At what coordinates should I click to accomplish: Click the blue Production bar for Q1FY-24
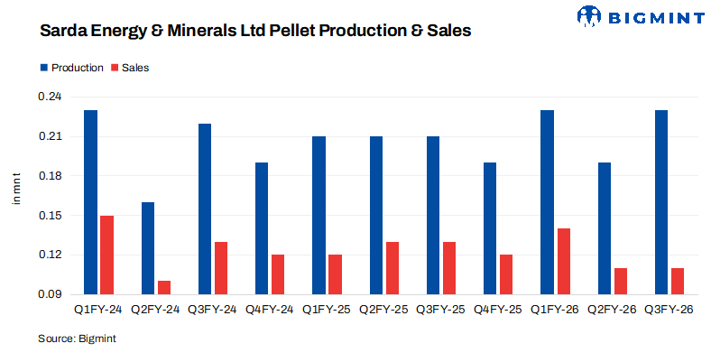click(x=90, y=202)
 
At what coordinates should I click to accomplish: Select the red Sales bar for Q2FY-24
click(x=164, y=287)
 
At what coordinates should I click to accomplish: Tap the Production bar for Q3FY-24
click(x=205, y=209)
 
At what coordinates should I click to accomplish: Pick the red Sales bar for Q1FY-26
click(x=563, y=261)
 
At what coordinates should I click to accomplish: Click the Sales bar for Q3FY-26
click(x=678, y=281)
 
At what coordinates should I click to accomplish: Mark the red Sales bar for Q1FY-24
click(x=106, y=255)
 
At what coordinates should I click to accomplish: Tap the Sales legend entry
click(x=129, y=68)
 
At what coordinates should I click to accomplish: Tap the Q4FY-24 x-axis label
click(x=270, y=310)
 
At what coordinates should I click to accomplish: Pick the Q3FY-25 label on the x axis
click(x=441, y=310)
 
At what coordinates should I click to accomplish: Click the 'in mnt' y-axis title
click(x=15, y=188)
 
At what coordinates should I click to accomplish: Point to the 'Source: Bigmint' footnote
click(x=77, y=339)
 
